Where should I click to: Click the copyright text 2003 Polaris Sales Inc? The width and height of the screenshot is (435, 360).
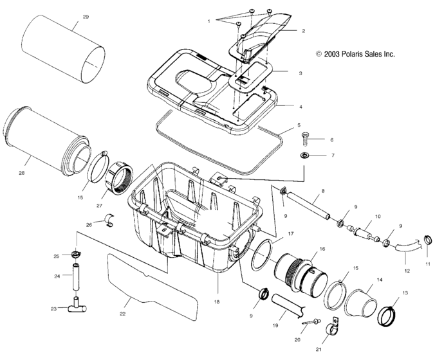click(x=355, y=55)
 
